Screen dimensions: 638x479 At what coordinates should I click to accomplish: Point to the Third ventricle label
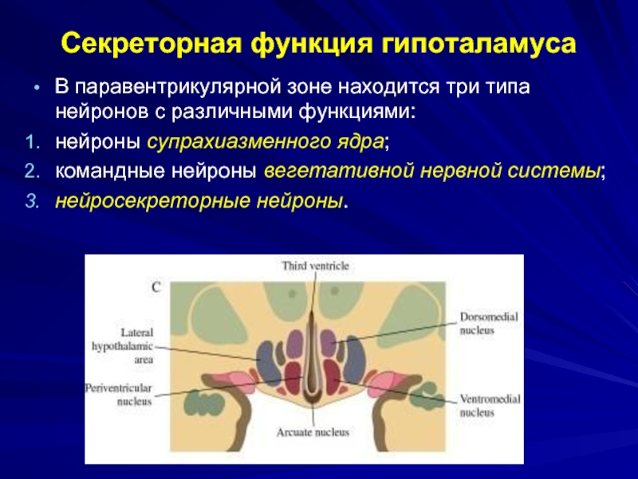pyautogui.click(x=315, y=265)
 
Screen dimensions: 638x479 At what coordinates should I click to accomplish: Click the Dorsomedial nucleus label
pyautogui.click(x=488, y=323)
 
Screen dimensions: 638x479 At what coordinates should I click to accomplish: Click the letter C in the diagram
pyautogui.click(x=156, y=286)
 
